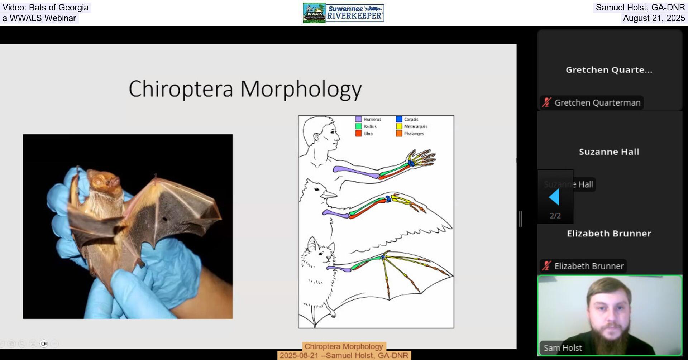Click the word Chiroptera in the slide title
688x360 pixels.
click(x=181, y=89)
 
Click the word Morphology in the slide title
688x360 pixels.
click(x=301, y=89)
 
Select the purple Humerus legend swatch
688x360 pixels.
click(x=358, y=119)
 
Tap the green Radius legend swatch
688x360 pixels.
click(x=358, y=126)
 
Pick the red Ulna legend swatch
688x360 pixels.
click(x=358, y=134)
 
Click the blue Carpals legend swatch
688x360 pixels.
click(x=399, y=119)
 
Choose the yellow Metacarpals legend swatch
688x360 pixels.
click(x=399, y=126)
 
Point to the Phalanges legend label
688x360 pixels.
click(x=414, y=134)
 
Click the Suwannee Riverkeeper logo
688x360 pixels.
click(x=355, y=13)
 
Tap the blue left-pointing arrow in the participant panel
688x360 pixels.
click(x=554, y=197)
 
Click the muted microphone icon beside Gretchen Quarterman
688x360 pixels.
click(x=546, y=102)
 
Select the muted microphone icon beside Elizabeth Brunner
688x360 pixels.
click(x=546, y=266)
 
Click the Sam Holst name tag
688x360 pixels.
click(x=563, y=348)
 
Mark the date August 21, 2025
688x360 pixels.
click(x=654, y=18)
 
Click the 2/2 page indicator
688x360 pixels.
click(x=555, y=216)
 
